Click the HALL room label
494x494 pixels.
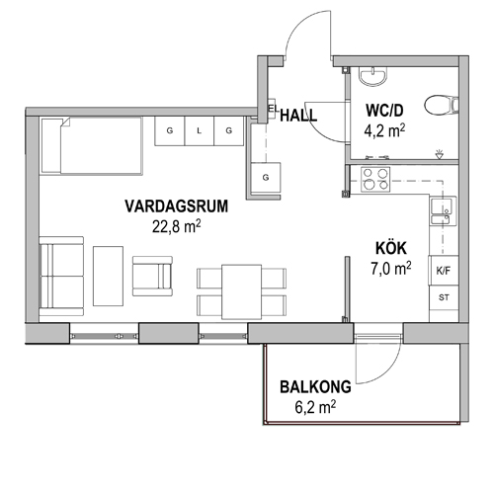coord(298,116)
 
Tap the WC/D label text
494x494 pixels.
coord(384,111)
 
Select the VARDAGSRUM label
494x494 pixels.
coord(177,206)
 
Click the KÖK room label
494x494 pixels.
coord(391,248)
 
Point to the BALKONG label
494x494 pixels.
coord(315,387)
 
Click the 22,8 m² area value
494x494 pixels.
coord(177,226)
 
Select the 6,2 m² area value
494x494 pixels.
coord(315,407)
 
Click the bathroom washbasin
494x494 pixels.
coord(372,76)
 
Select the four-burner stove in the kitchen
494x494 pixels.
coord(375,180)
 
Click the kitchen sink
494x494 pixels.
coord(444,211)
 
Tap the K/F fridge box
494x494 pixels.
coord(444,271)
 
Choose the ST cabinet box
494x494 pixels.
coord(444,297)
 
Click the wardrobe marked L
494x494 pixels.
coord(200,130)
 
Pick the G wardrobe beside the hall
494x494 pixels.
coord(266,178)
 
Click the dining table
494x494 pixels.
coord(242,291)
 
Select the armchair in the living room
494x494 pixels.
coord(152,276)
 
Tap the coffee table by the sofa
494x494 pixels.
coord(108,276)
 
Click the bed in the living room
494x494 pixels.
coord(92,145)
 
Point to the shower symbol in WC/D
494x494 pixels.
coord(439,154)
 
